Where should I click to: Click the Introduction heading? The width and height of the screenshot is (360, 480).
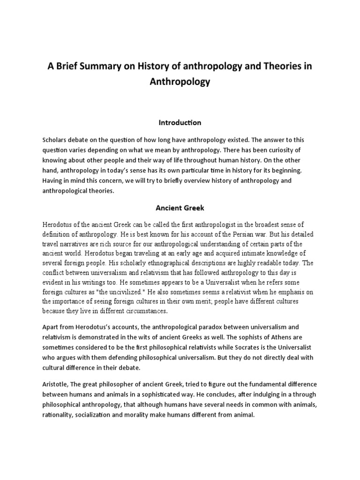coord(180,122)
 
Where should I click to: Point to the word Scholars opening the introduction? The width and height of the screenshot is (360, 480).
coord(56,140)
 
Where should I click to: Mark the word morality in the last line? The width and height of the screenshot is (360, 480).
coord(150,415)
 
